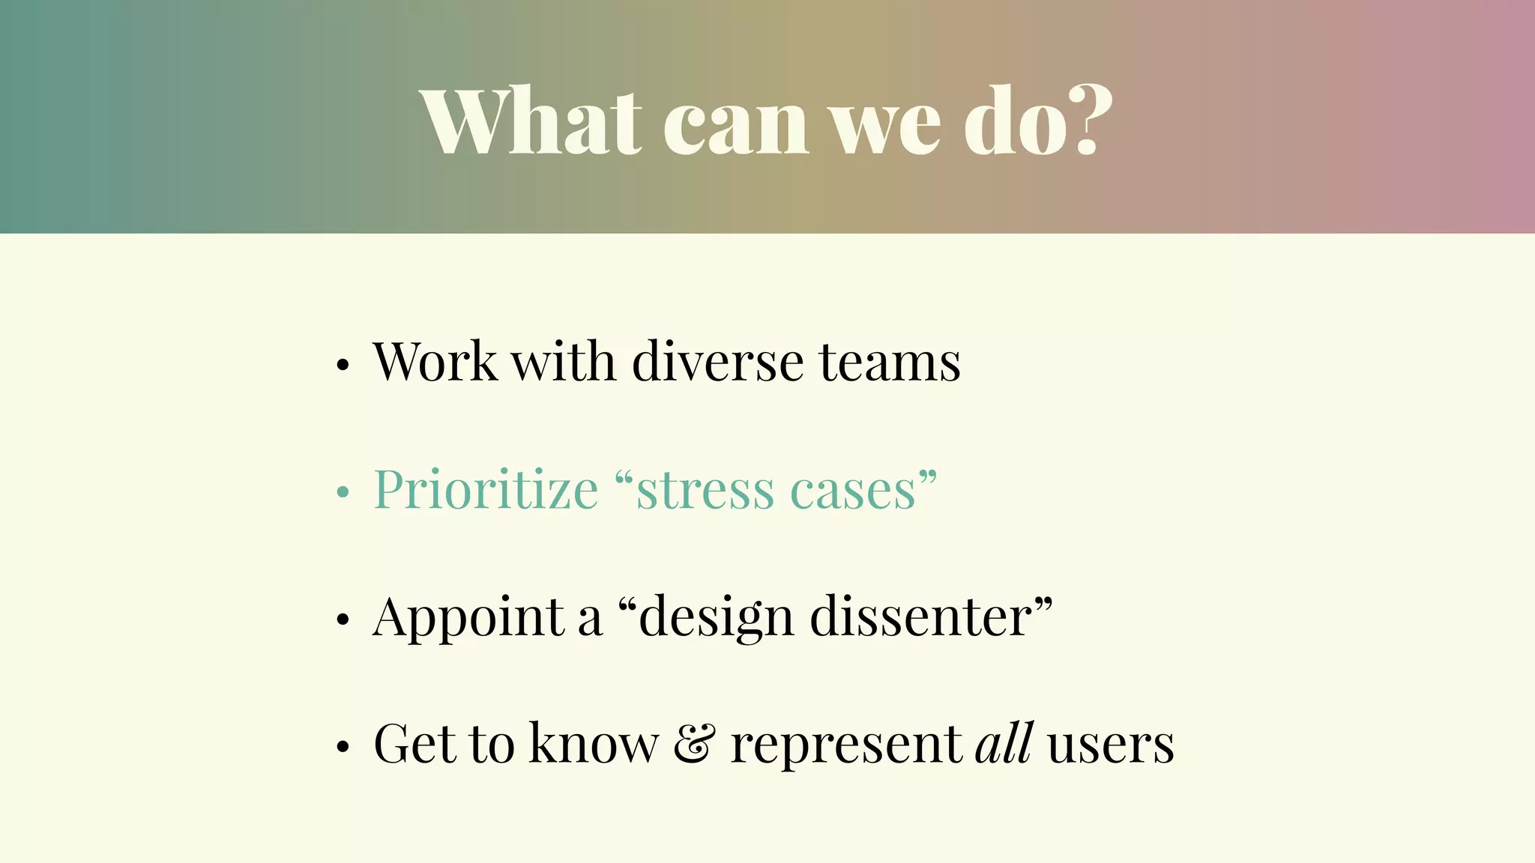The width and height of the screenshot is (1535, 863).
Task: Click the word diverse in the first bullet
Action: coord(717,362)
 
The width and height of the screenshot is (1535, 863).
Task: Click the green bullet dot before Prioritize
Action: coord(343,492)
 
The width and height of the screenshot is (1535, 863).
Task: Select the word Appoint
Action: coord(468,619)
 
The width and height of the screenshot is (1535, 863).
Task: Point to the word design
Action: coord(716,619)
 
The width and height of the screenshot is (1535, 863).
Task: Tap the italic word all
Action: coord(1004,743)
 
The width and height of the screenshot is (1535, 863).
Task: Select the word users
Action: coord(1110,746)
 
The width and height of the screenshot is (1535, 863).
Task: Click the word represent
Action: coord(846,746)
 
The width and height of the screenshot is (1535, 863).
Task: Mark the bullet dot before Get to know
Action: coord(343,747)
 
